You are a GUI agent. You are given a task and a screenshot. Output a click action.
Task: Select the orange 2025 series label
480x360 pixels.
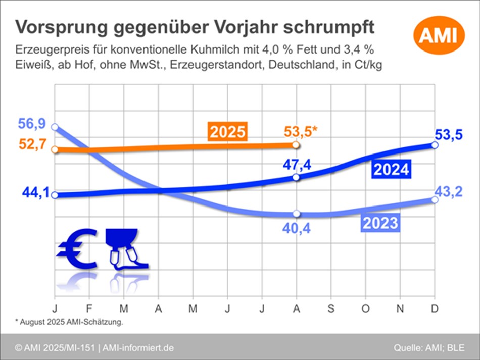(x=227, y=132)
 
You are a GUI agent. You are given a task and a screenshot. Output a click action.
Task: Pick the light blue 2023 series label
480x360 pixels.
(x=380, y=222)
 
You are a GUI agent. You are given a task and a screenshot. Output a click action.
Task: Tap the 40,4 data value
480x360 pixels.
(x=296, y=228)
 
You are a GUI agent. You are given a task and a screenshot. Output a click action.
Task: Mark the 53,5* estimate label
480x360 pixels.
(x=300, y=132)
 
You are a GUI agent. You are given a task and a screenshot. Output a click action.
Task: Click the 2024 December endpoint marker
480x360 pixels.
(x=435, y=145)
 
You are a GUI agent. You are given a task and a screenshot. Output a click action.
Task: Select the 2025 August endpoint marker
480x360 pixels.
(x=296, y=145)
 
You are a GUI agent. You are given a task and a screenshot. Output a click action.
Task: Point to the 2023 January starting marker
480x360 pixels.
(x=55, y=127)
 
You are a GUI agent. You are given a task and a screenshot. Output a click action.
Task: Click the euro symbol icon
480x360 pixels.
(x=77, y=248)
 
